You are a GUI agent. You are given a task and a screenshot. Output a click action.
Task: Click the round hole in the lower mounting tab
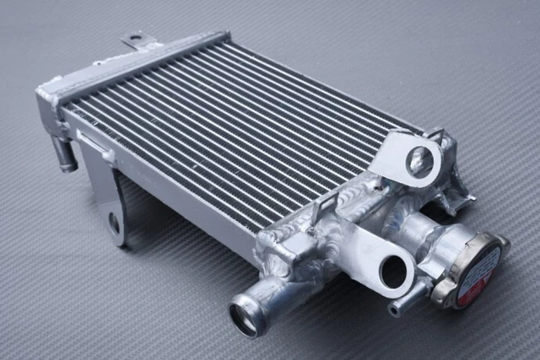(392, 271)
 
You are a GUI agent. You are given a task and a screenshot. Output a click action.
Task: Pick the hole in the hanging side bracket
(114, 223)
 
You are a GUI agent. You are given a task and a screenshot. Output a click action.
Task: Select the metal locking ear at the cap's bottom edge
(442, 292)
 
